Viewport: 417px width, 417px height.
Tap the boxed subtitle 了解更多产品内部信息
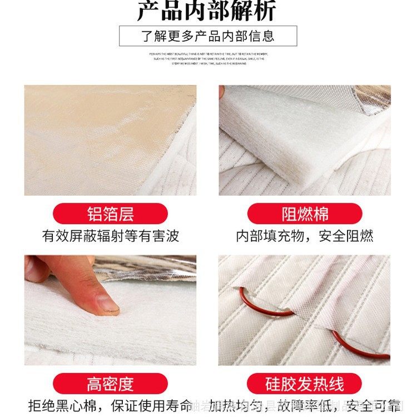coord(208,36)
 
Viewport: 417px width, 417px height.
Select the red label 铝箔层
coord(110,214)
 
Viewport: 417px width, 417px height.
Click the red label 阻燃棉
coord(305,214)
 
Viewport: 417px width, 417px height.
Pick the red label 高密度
coord(110,384)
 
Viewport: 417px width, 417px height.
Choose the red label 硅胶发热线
coord(305,384)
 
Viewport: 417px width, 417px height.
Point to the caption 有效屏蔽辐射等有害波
coord(111,236)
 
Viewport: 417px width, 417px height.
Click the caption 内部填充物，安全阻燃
coord(305,236)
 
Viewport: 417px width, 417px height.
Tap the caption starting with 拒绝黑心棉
coord(111,405)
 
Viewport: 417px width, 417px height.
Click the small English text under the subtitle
coord(208,59)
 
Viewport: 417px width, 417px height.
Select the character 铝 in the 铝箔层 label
coord(95,214)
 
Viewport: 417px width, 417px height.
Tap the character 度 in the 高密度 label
coord(126,384)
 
